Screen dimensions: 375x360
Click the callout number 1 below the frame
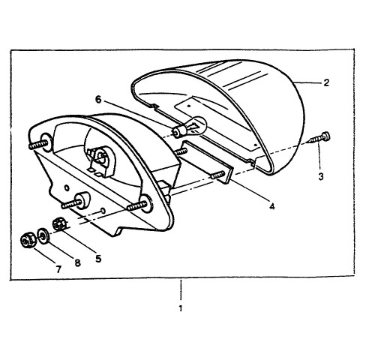(x=181, y=308)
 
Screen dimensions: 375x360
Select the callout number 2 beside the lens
(x=326, y=82)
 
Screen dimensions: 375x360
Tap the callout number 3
(x=321, y=176)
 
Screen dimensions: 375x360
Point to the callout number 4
(x=272, y=206)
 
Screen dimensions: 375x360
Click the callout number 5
(x=98, y=259)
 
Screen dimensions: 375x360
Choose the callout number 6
(x=98, y=100)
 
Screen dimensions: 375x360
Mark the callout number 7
(x=58, y=269)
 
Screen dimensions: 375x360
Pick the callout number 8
(x=78, y=262)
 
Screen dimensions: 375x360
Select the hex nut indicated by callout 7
(x=27, y=240)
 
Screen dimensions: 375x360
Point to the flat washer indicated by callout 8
(x=43, y=235)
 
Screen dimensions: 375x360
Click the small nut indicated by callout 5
(x=60, y=223)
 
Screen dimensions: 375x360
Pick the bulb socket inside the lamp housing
(x=100, y=160)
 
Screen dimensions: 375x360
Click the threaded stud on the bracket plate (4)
(x=217, y=175)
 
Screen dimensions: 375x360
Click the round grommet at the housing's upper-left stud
(x=46, y=142)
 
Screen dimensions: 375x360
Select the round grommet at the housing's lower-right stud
(x=146, y=204)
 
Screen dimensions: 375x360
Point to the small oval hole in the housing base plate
(x=67, y=187)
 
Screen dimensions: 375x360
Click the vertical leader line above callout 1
(x=181, y=289)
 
